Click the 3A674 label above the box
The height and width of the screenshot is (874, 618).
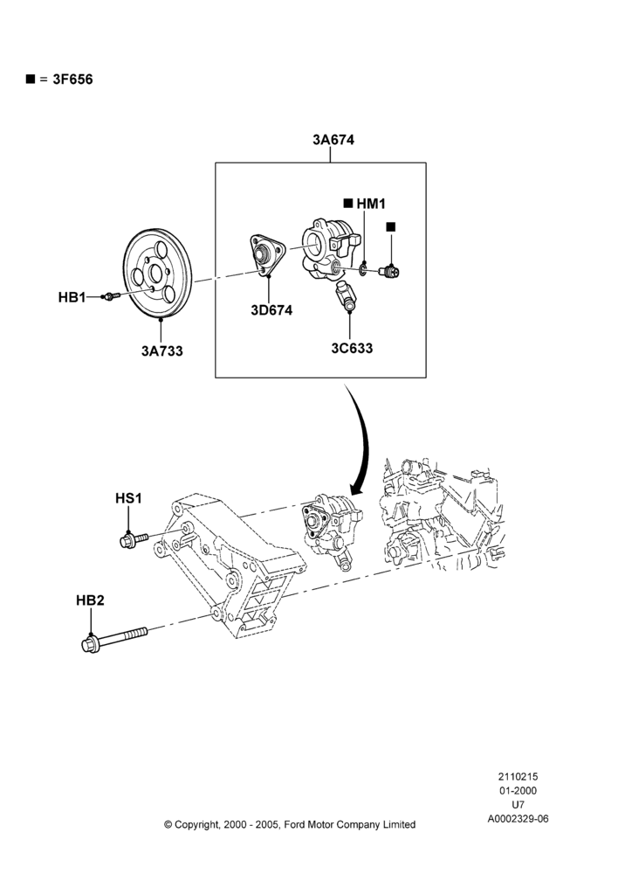click(333, 140)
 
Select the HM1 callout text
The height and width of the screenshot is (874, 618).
click(371, 204)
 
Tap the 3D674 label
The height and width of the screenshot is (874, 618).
click(271, 310)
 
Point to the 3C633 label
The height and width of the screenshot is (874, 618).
click(352, 349)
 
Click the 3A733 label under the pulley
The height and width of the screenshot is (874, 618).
click(162, 351)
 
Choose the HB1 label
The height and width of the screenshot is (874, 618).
click(72, 298)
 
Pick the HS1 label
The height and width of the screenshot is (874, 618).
click(128, 498)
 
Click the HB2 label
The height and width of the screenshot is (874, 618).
click(90, 601)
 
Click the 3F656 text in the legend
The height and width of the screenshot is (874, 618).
click(73, 80)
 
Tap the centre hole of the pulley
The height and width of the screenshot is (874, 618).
click(156, 274)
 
